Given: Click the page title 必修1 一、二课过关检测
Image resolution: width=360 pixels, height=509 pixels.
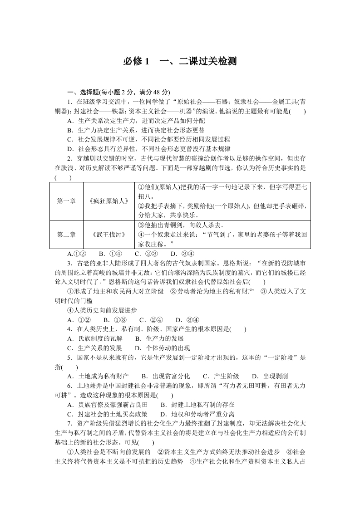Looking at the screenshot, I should [180, 62].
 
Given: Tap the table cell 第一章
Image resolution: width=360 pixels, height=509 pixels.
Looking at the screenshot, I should [66, 201].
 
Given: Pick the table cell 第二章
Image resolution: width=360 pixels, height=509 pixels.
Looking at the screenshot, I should [66, 235].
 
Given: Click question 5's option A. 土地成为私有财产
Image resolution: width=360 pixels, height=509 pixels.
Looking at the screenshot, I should [98, 376].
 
